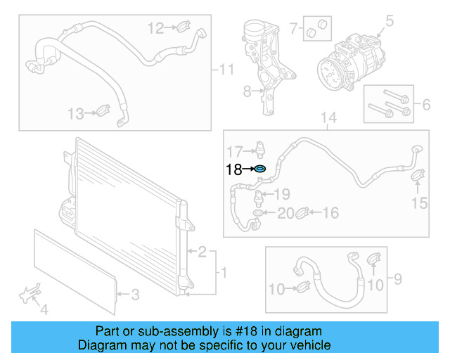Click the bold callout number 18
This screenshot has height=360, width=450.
233,169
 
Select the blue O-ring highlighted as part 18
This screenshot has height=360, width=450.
259,169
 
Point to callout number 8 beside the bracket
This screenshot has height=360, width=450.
247,91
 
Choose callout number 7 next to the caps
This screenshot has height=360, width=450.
293,29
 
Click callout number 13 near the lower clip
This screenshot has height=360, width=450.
75,112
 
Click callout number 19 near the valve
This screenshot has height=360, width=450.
281,194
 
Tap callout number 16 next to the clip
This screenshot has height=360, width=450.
330,212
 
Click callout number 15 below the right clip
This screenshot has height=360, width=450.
419,203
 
